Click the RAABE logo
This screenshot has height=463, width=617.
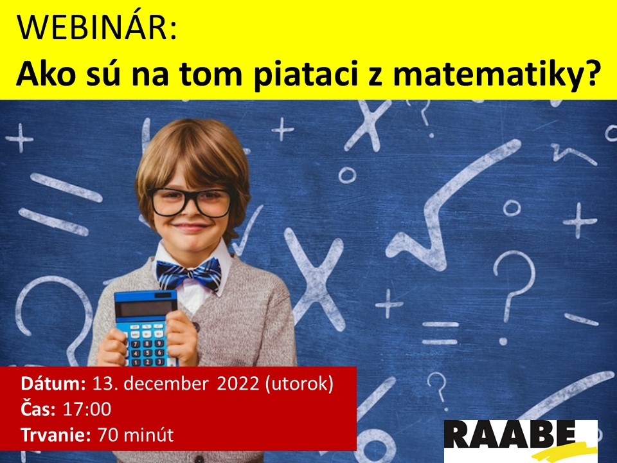pyautogui.click(x=520, y=440)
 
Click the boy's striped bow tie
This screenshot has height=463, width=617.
pyautogui.click(x=189, y=273)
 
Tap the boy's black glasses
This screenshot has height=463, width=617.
pyautogui.click(x=190, y=202)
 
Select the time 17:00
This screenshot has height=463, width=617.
pyautogui.click(x=87, y=409)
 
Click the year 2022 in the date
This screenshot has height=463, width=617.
pyautogui.click(x=238, y=383)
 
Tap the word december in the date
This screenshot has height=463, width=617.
pyautogui.click(x=166, y=383)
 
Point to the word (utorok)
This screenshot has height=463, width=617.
pyautogui.click(x=300, y=384)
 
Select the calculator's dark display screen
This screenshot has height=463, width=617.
pyautogui.click(x=146, y=309)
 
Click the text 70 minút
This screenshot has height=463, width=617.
pyautogui.click(x=136, y=435)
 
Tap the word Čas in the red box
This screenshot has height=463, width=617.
pyautogui.click(x=38, y=408)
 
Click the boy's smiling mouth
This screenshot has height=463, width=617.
pyautogui.click(x=192, y=227)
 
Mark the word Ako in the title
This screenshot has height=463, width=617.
pyautogui.click(x=45, y=74)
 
